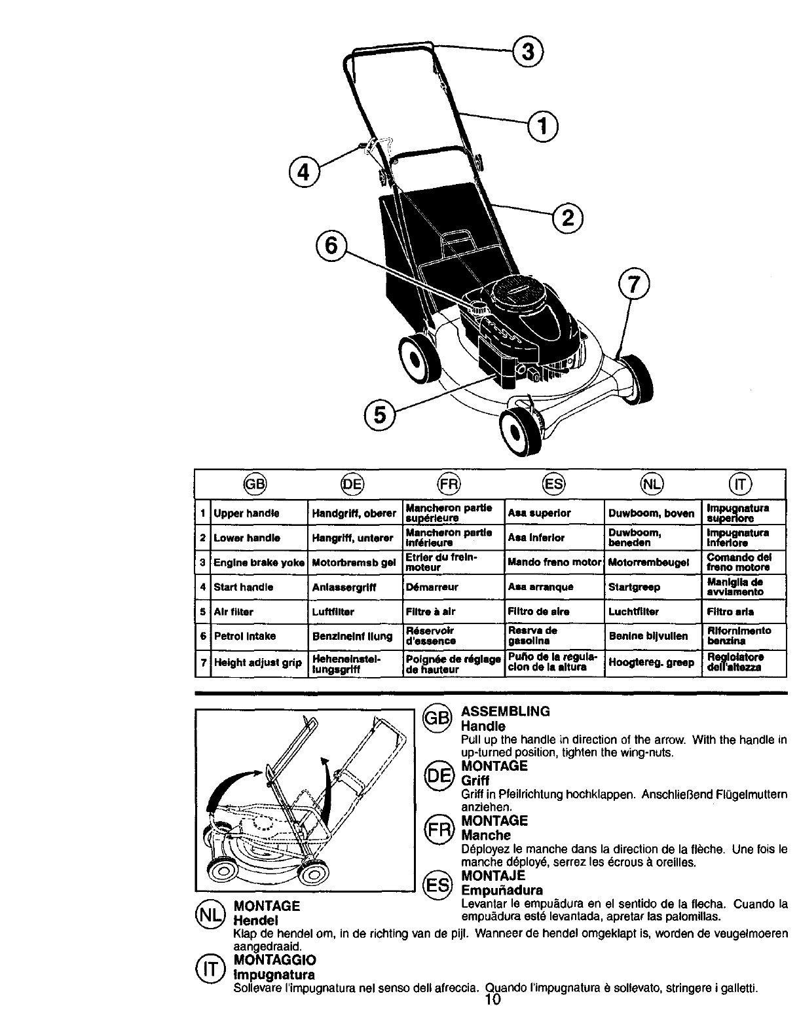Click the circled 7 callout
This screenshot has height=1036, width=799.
click(x=633, y=286)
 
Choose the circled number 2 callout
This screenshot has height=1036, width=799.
click(x=568, y=216)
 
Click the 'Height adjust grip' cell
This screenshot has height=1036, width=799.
click(x=250, y=663)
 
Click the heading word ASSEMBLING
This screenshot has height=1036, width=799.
click(x=506, y=712)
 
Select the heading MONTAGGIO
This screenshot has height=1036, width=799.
click(x=274, y=960)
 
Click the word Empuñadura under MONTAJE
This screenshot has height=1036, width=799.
click(x=502, y=891)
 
